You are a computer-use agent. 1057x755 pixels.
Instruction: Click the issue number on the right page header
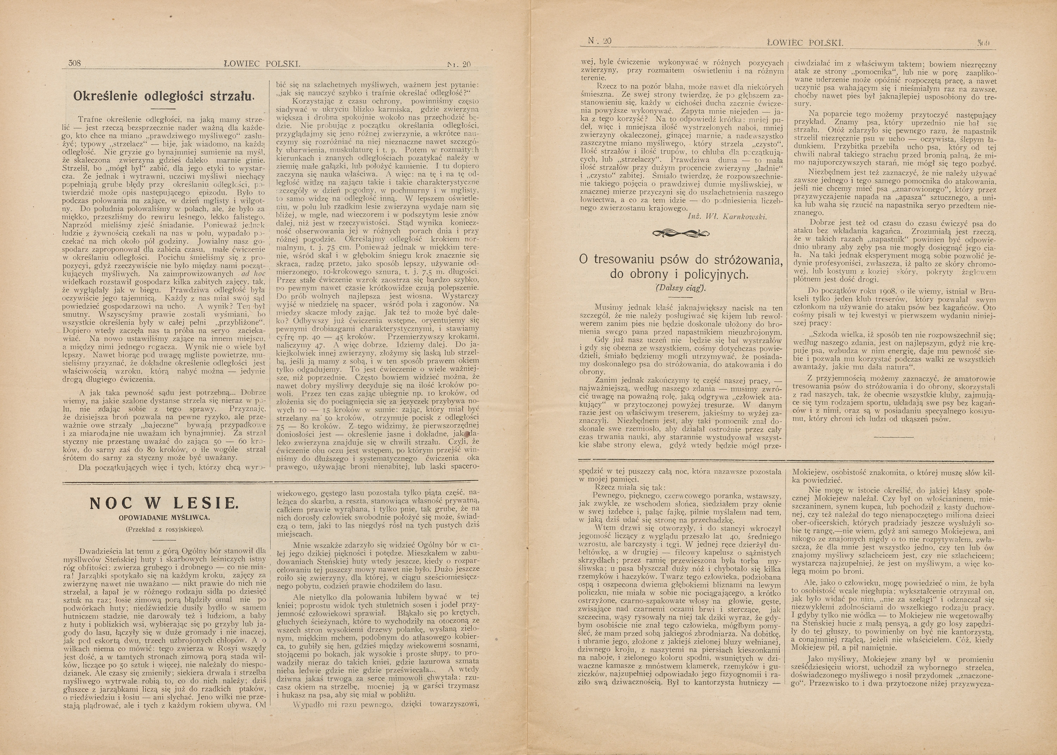[599, 41]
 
